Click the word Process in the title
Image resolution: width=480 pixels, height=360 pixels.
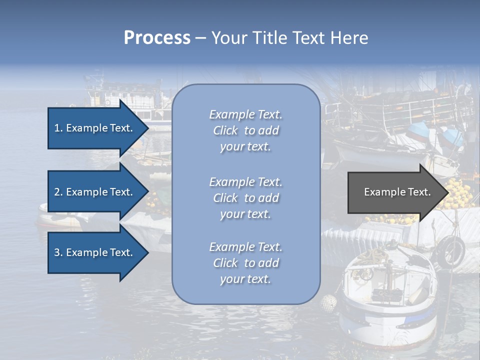click(157, 38)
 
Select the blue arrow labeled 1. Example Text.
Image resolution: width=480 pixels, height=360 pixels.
click(95, 128)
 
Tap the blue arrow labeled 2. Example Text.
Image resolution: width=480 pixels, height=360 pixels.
click(95, 192)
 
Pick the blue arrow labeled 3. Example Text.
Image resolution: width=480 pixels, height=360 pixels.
click(95, 252)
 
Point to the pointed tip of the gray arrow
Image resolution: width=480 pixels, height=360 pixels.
click(448, 192)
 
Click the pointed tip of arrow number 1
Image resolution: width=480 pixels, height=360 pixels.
click(147, 128)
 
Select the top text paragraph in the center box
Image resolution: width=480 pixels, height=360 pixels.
click(245, 130)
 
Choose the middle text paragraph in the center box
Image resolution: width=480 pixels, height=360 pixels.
click(245, 198)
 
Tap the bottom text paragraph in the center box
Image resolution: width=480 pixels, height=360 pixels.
click(245, 263)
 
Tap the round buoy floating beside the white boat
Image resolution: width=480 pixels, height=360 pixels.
click(328, 302)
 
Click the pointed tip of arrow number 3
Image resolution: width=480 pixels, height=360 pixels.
click(147, 252)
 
